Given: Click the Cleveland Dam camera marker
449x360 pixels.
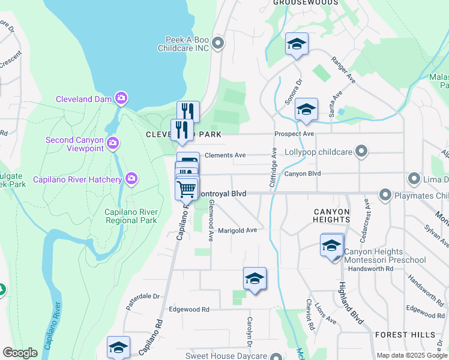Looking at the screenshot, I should point(122,98).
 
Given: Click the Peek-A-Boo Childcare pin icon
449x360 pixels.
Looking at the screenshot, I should point(218,43).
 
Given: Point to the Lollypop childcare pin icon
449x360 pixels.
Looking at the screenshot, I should point(361,151).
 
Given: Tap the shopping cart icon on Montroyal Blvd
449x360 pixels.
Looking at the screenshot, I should point(187,189).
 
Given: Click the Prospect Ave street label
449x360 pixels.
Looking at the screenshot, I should point(294,133).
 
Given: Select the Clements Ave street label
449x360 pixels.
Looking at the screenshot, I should point(225,155).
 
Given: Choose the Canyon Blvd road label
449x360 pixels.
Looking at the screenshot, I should point(303,174).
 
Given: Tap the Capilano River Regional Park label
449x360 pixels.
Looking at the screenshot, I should point(131,216).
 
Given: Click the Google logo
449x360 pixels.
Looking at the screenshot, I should point(20,353).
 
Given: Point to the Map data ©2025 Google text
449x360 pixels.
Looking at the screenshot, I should point(411,355).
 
